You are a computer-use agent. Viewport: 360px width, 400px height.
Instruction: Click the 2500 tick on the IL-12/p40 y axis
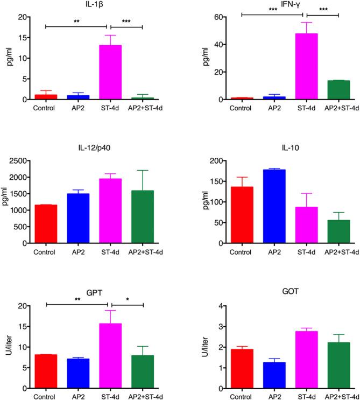coord(20,161)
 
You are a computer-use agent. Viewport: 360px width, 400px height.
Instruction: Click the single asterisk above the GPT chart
coord(127,299)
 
